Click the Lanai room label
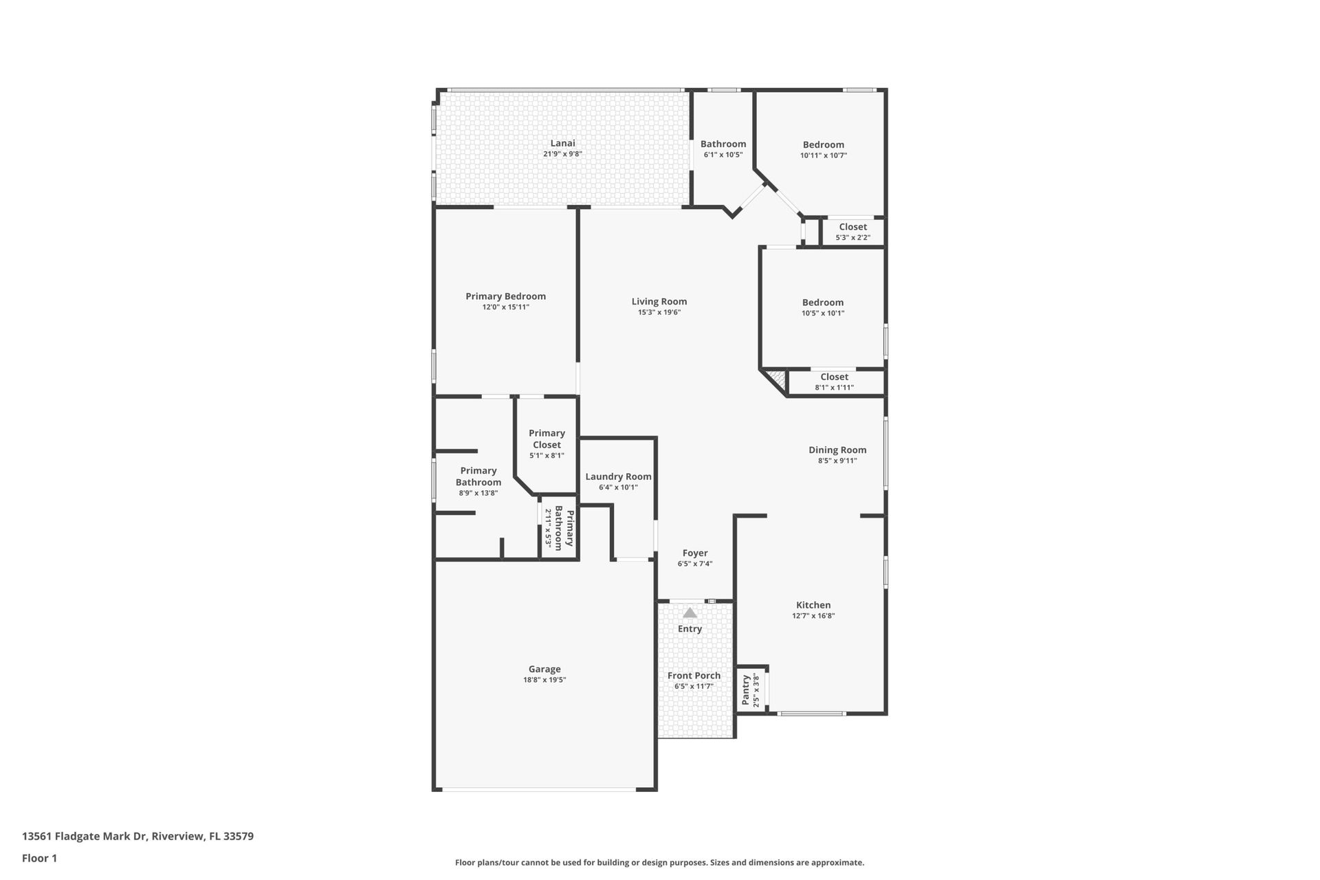(x=562, y=143)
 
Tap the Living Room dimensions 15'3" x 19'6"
(x=659, y=312)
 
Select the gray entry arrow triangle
(x=690, y=613)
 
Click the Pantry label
(x=745, y=690)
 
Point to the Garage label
(x=544, y=669)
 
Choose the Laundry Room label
(x=618, y=476)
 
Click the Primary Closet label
(x=547, y=439)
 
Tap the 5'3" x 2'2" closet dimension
(x=852, y=238)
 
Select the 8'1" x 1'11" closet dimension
(x=834, y=388)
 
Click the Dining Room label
(x=837, y=450)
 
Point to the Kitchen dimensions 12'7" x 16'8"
(x=813, y=616)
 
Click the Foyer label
(x=695, y=553)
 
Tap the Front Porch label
(x=694, y=675)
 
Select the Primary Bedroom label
(x=505, y=296)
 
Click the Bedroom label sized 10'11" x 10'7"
(x=823, y=144)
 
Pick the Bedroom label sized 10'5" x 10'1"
(x=822, y=302)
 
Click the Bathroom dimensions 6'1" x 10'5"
(x=723, y=155)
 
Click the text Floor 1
(x=39, y=858)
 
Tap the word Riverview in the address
(x=178, y=837)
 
